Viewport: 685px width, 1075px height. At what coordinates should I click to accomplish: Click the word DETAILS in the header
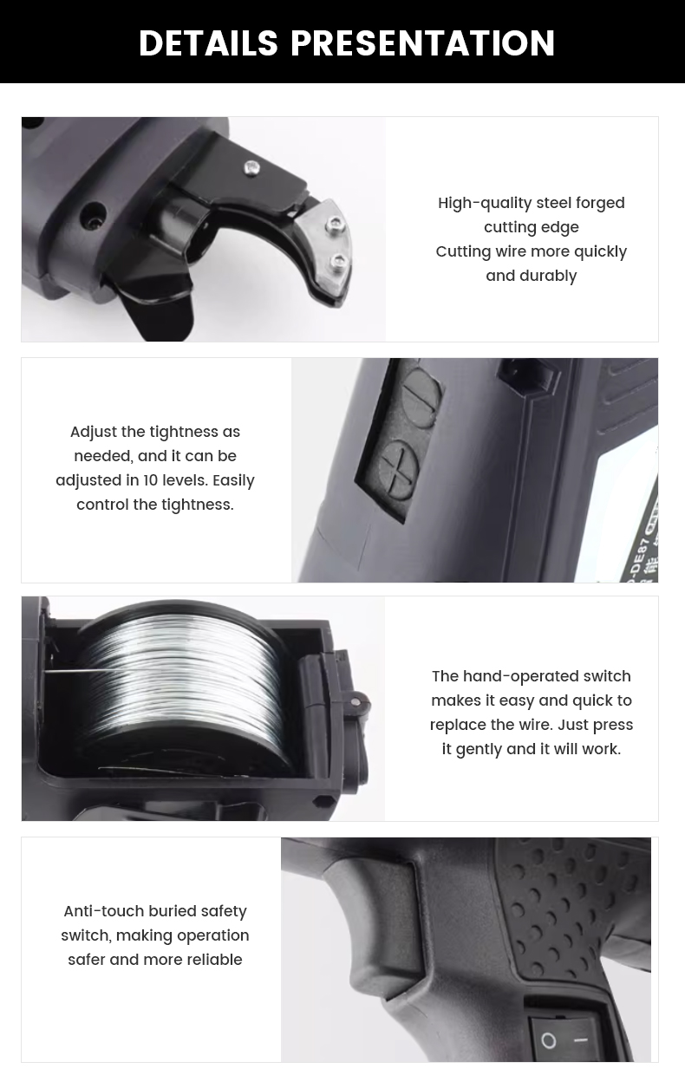click(208, 42)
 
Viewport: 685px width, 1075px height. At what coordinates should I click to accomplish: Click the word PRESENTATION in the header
click(423, 42)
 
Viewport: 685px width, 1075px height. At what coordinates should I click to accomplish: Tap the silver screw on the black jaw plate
click(251, 167)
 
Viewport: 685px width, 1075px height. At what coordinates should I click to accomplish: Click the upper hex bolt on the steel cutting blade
click(335, 223)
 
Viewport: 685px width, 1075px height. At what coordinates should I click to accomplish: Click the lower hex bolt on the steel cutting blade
click(338, 262)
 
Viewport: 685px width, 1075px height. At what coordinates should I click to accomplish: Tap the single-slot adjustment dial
click(420, 397)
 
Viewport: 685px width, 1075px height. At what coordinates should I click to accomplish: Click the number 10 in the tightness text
click(151, 480)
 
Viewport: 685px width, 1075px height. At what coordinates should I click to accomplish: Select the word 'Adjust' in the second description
click(94, 433)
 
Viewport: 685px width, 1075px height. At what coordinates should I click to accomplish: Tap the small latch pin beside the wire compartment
click(355, 702)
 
